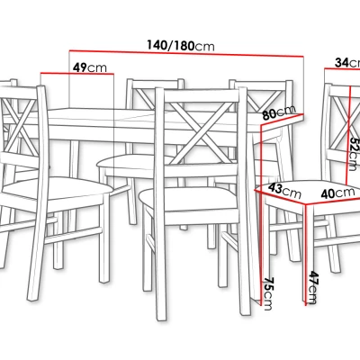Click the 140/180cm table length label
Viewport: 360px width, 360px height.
[x=175, y=43]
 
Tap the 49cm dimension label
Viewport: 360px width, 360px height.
[x=88, y=67]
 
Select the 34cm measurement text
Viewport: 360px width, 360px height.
[x=346, y=63]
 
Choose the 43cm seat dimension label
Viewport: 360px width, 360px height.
[x=284, y=191]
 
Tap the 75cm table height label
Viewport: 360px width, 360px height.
[x=266, y=292]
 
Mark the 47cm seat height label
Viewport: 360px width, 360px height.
[x=311, y=287]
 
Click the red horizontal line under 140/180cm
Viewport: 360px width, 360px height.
[x=180, y=53]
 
